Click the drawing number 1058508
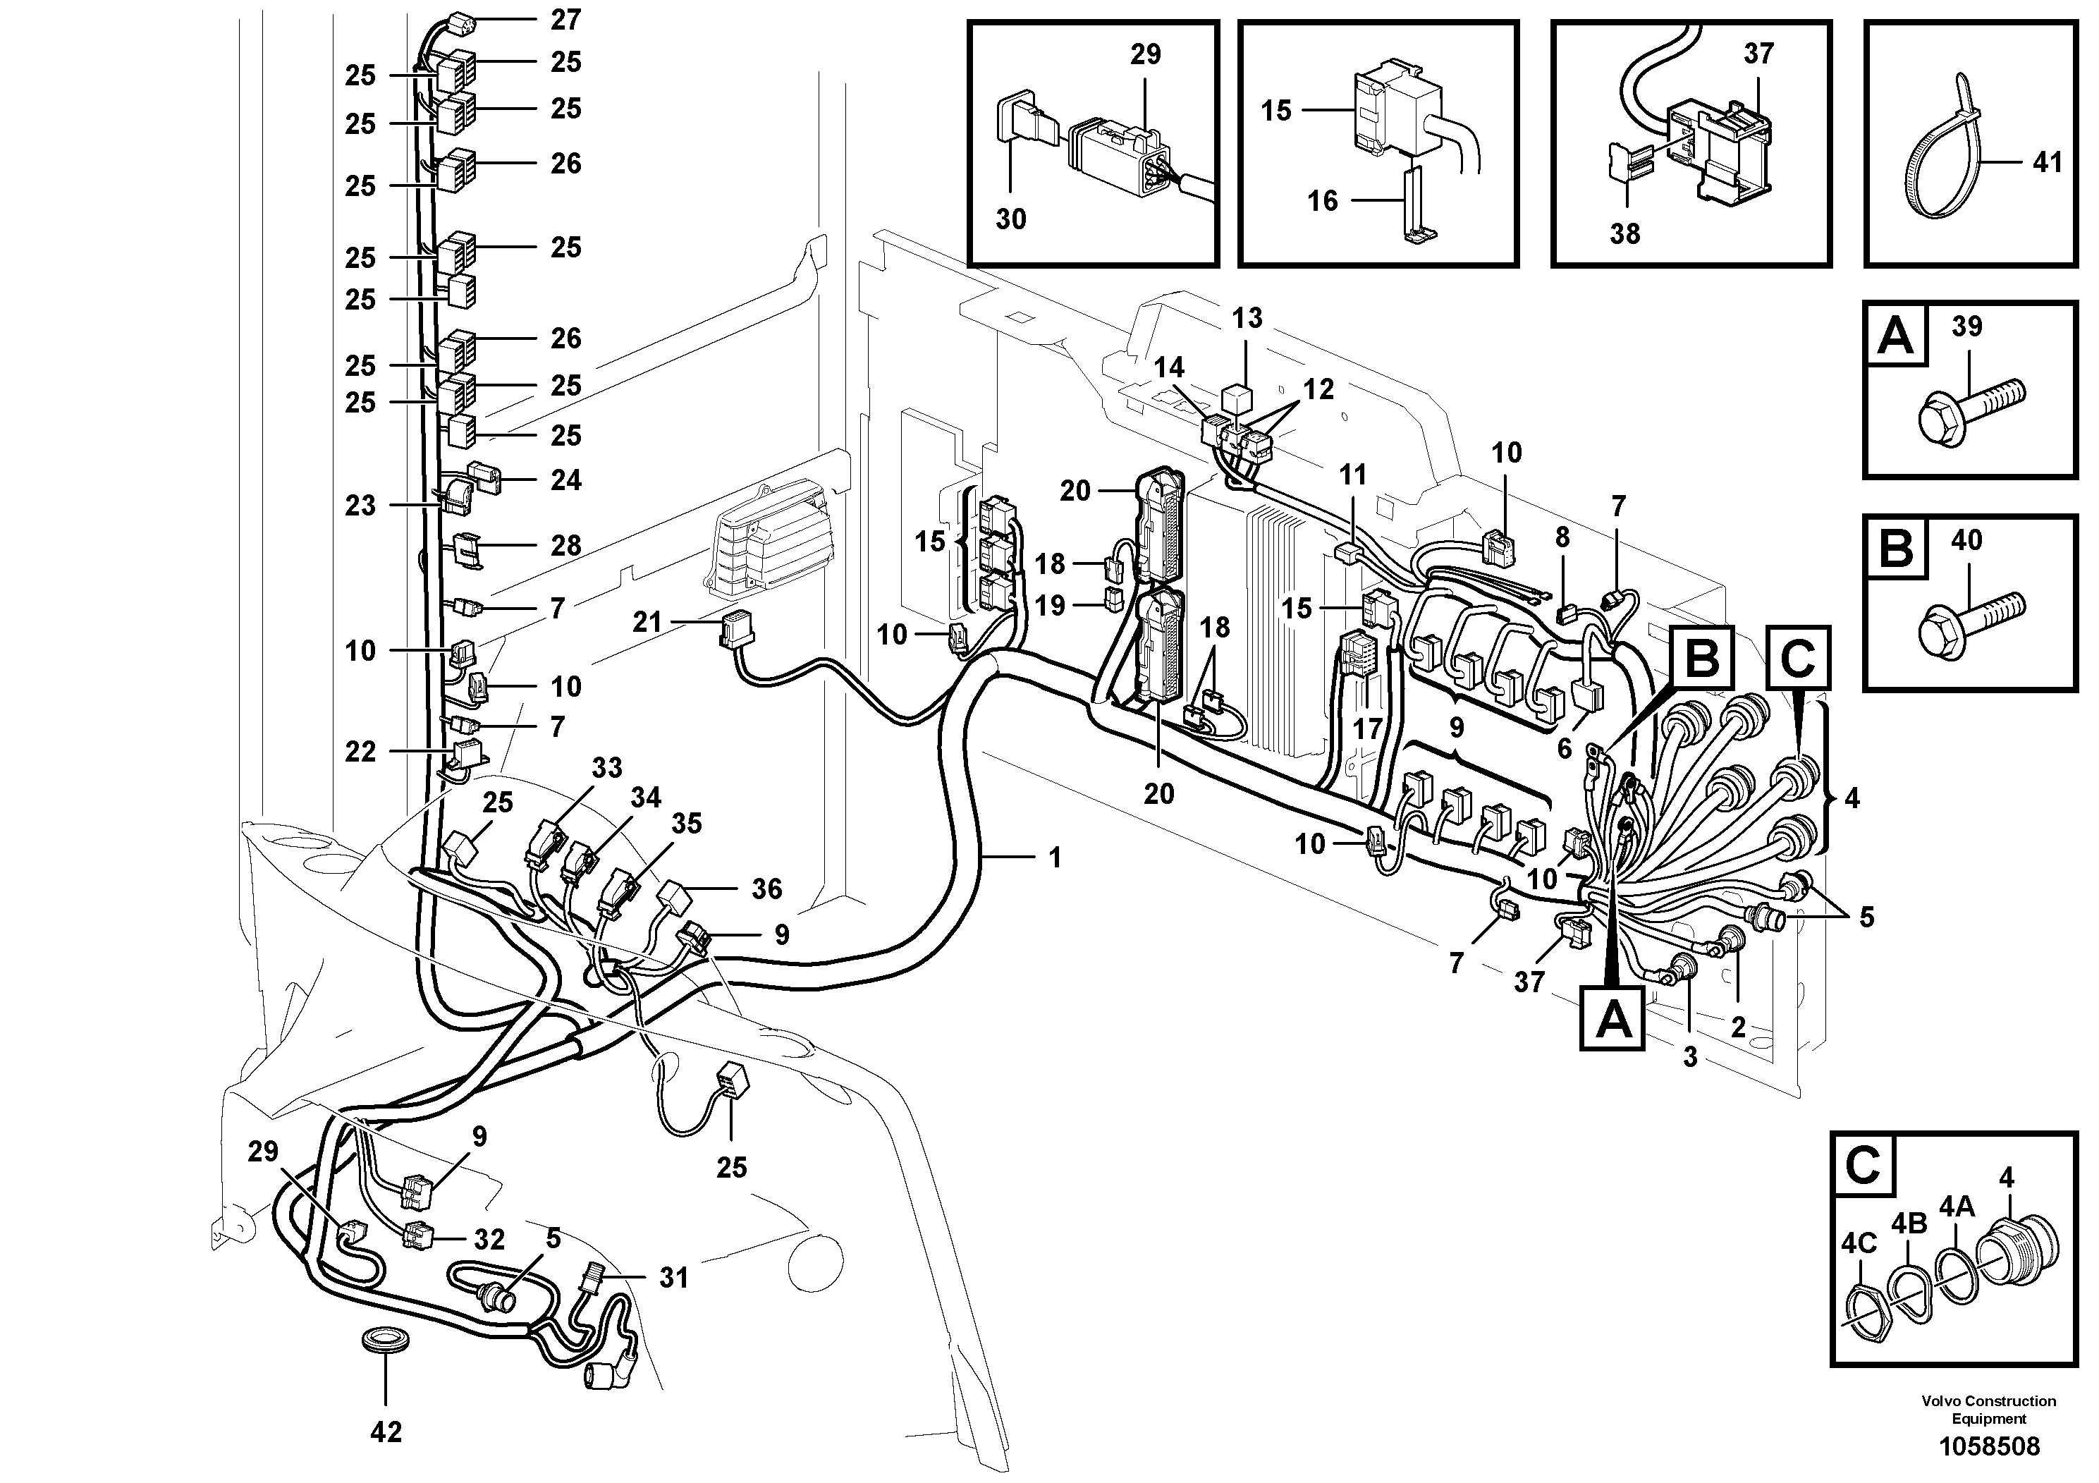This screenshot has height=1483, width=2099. pos(1988,1446)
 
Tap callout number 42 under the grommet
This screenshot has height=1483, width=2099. pos(385,1432)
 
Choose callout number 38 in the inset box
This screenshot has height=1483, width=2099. pos(1624,233)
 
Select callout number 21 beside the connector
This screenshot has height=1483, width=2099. pos(647,623)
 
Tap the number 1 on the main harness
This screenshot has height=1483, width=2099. pos(1055,857)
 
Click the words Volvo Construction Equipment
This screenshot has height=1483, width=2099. pos(1988,1409)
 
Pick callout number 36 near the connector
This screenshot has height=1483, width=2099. pos(766,888)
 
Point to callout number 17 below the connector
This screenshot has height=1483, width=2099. pos(1369,728)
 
